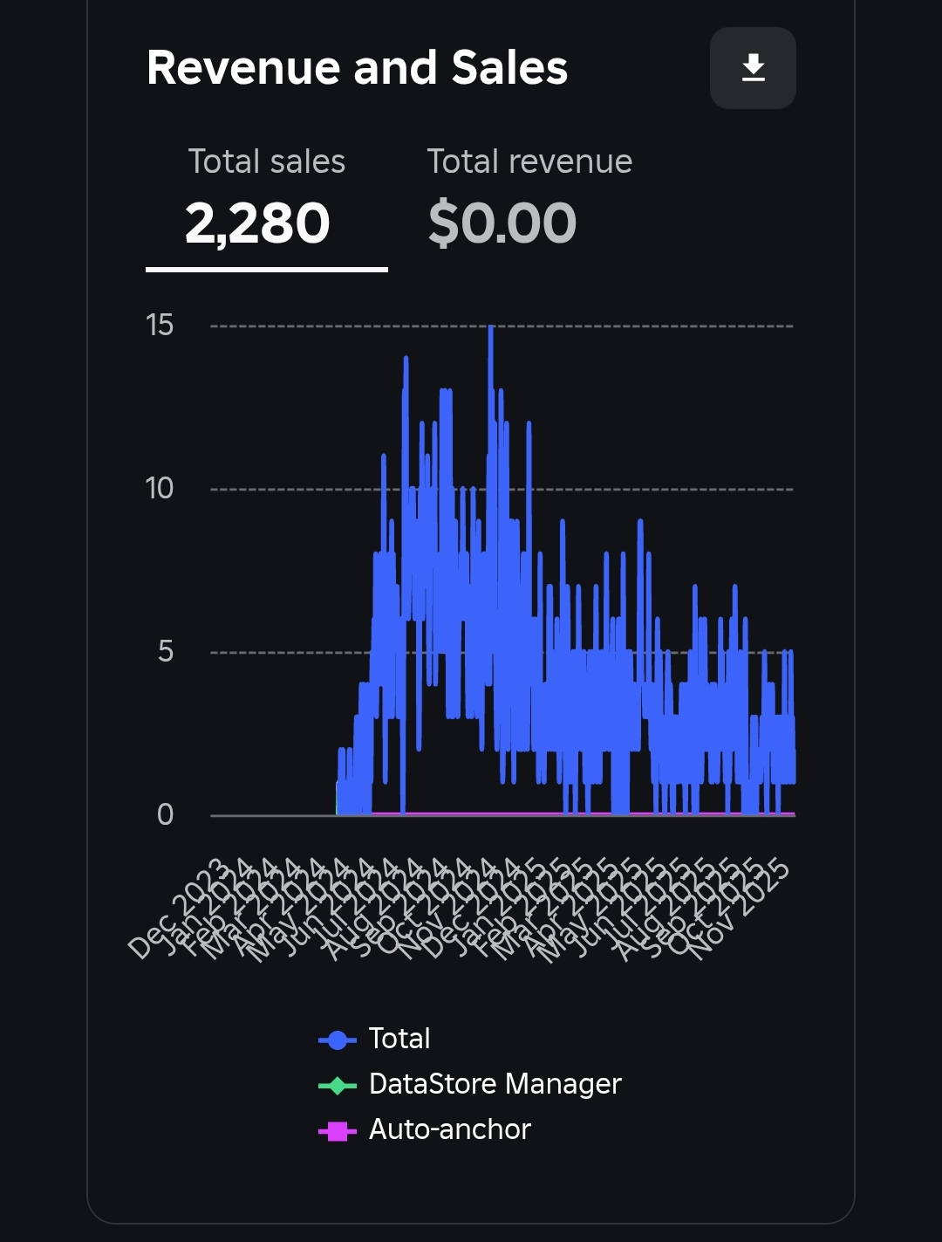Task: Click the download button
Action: click(753, 68)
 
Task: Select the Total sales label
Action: click(267, 161)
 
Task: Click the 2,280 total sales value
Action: click(257, 223)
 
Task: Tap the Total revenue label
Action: click(529, 161)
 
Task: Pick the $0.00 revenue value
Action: click(502, 223)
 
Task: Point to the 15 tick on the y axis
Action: click(160, 326)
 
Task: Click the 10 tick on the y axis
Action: click(160, 489)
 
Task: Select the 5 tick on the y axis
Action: click(166, 652)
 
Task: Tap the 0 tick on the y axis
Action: click(165, 815)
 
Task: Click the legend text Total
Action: click(399, 1039)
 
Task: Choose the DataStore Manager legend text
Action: click(495, 1084)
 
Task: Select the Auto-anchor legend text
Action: click(449, 1129)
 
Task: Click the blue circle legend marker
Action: click(338, 1040)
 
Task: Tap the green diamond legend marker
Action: click(338, 1085)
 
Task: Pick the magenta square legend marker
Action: click(338, 1131)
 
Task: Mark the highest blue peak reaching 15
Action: click(491, 328)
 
